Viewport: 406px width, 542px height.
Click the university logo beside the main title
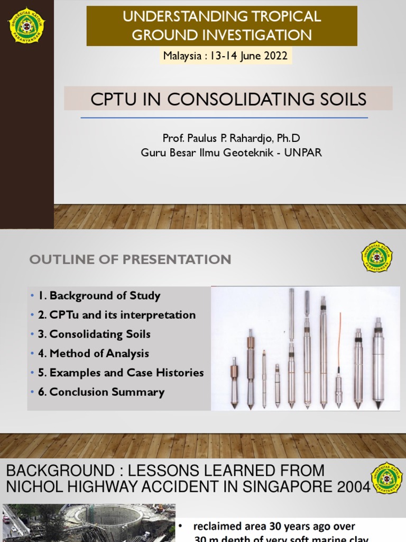coord(26,24)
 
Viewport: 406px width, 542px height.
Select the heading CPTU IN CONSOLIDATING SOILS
coord(228,99)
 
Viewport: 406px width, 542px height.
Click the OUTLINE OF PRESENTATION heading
coord(130,259)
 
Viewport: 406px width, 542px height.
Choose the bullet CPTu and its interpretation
coord(117,315)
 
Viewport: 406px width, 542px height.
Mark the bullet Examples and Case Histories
coord(121,373)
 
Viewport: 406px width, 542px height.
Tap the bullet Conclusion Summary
coord(101,392)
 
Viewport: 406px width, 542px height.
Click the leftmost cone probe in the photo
coord(234,382)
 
